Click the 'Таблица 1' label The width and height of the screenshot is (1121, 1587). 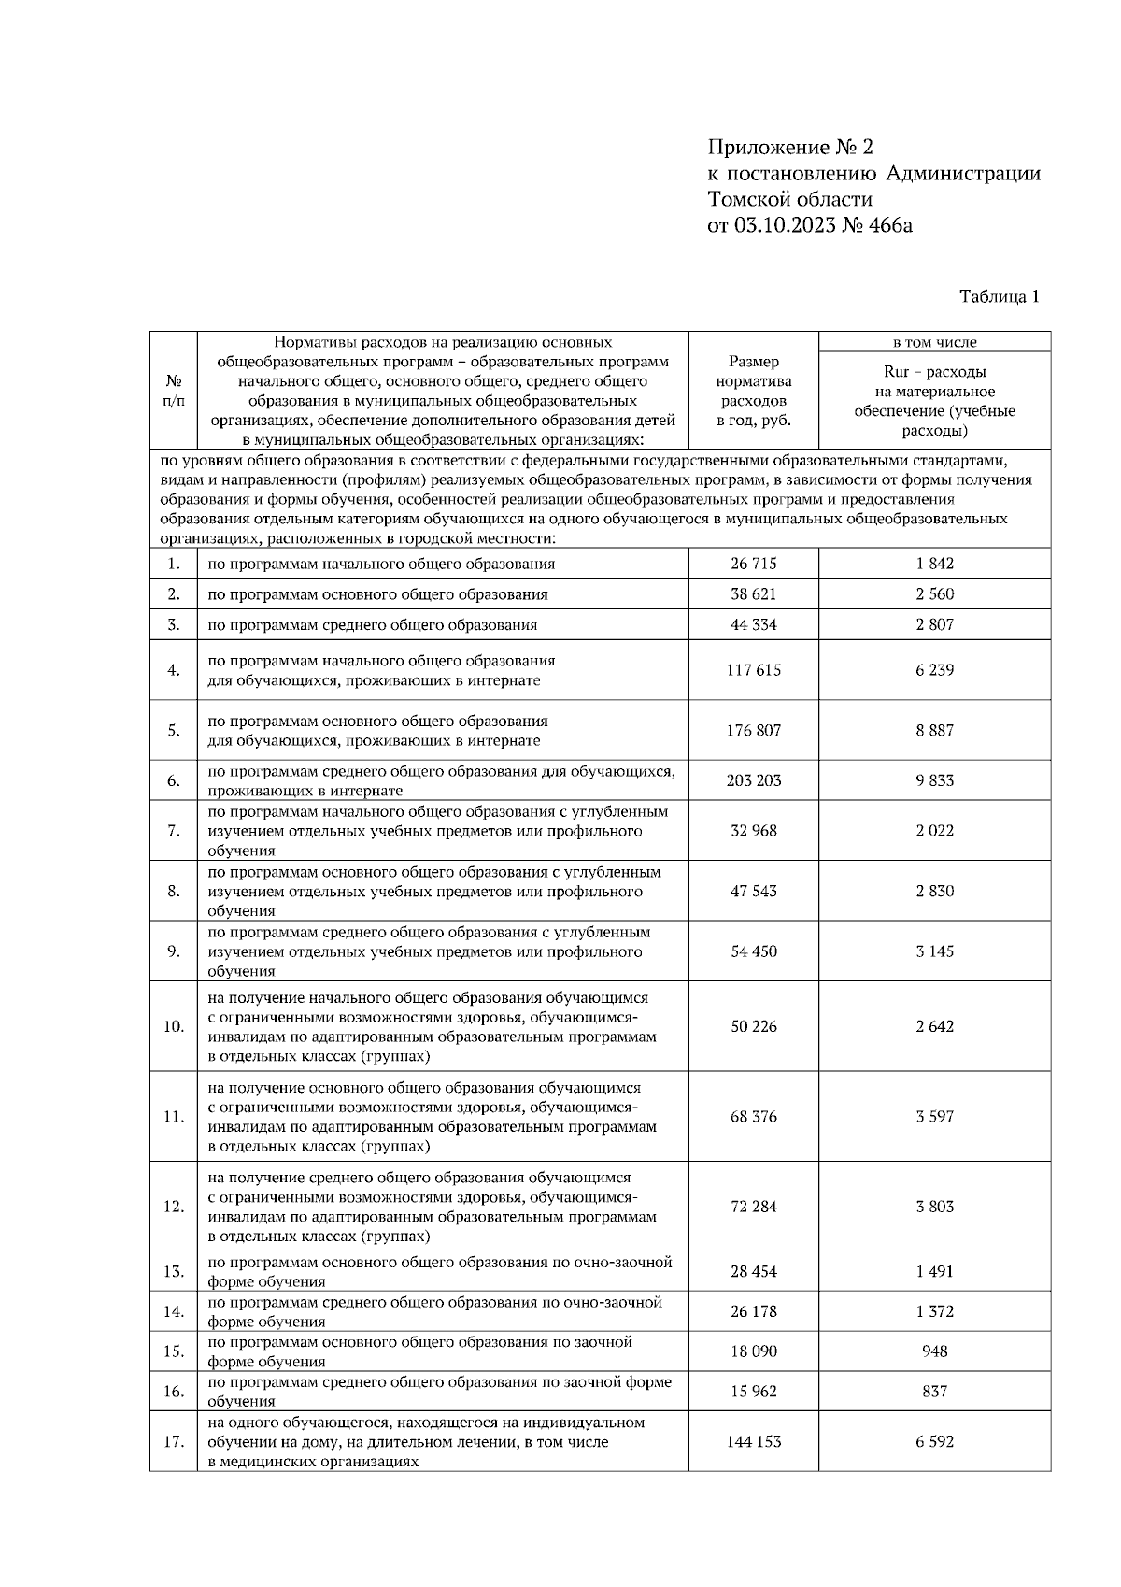[x=999, y=296]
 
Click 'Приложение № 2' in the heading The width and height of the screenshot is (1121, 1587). [x=789, y=148]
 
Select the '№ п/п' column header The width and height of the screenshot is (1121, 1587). [x=174, y=391]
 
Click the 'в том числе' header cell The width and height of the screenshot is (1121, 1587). [x=934, y=342]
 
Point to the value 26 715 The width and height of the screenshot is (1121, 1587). [x=753, y=564]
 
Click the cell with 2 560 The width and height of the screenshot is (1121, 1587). [x=934, y=594]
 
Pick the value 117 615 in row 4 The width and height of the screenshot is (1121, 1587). [x=753, y=670]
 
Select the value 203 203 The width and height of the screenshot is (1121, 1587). [x=753, y=780]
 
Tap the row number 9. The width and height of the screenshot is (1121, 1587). [x=174, y=951]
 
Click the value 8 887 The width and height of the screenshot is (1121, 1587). [x=934, y=731]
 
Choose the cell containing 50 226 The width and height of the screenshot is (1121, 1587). [x=753, y=1026]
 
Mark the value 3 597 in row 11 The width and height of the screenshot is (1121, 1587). [x=934, y=1117]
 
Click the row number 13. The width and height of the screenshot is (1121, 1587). [x=174, y=1272]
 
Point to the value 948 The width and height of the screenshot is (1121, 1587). [x=934, y=1351]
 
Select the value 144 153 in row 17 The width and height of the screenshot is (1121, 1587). [x=753, y=1442]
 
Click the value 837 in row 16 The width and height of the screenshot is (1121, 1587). [x=934, y=1392]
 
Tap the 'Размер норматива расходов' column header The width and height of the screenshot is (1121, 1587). [x=753, y=391]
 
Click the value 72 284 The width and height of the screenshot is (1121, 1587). [x=753, y=1207]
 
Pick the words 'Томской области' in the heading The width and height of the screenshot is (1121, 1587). [x=790, y=199]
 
